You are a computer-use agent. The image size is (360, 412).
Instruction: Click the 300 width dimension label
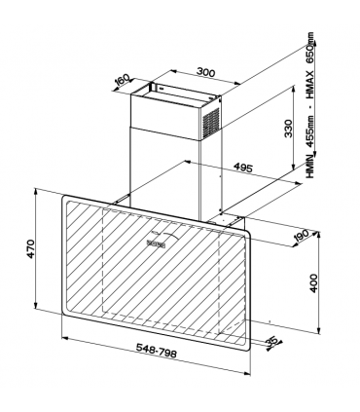[203, 71]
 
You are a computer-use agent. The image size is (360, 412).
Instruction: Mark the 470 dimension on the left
[31, 248]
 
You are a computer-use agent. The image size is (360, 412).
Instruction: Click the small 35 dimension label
[273, 340]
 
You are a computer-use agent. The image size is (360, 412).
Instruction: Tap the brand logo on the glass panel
[158, 238]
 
